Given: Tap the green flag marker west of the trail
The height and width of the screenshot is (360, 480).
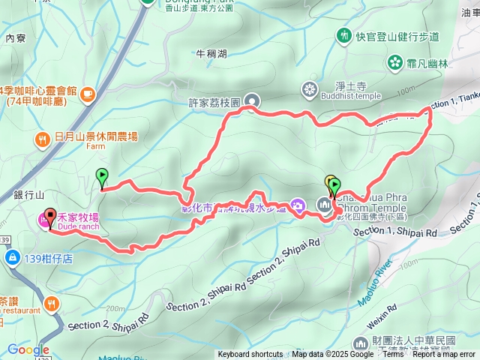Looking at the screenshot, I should point(101,177).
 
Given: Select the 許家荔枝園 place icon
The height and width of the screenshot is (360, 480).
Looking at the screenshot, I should point(251,100).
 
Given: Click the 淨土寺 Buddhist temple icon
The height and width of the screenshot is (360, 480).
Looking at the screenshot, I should point(309,91).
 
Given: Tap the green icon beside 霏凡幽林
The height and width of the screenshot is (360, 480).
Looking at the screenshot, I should point(394,64).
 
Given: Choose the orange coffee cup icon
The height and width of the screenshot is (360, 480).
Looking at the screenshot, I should point(88,93).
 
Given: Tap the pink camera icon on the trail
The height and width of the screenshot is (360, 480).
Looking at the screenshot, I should point(297,205).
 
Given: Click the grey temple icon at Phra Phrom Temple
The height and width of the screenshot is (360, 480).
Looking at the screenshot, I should point(324,203).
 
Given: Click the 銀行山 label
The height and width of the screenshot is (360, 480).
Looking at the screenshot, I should point(25,194).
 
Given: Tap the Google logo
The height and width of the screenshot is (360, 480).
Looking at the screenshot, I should point(28,349).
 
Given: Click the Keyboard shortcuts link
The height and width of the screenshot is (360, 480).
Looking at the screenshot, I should point(250,355).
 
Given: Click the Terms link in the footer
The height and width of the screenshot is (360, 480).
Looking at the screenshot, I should point(393,355).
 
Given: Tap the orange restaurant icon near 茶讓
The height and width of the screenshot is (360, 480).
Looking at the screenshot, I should point(52,304).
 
